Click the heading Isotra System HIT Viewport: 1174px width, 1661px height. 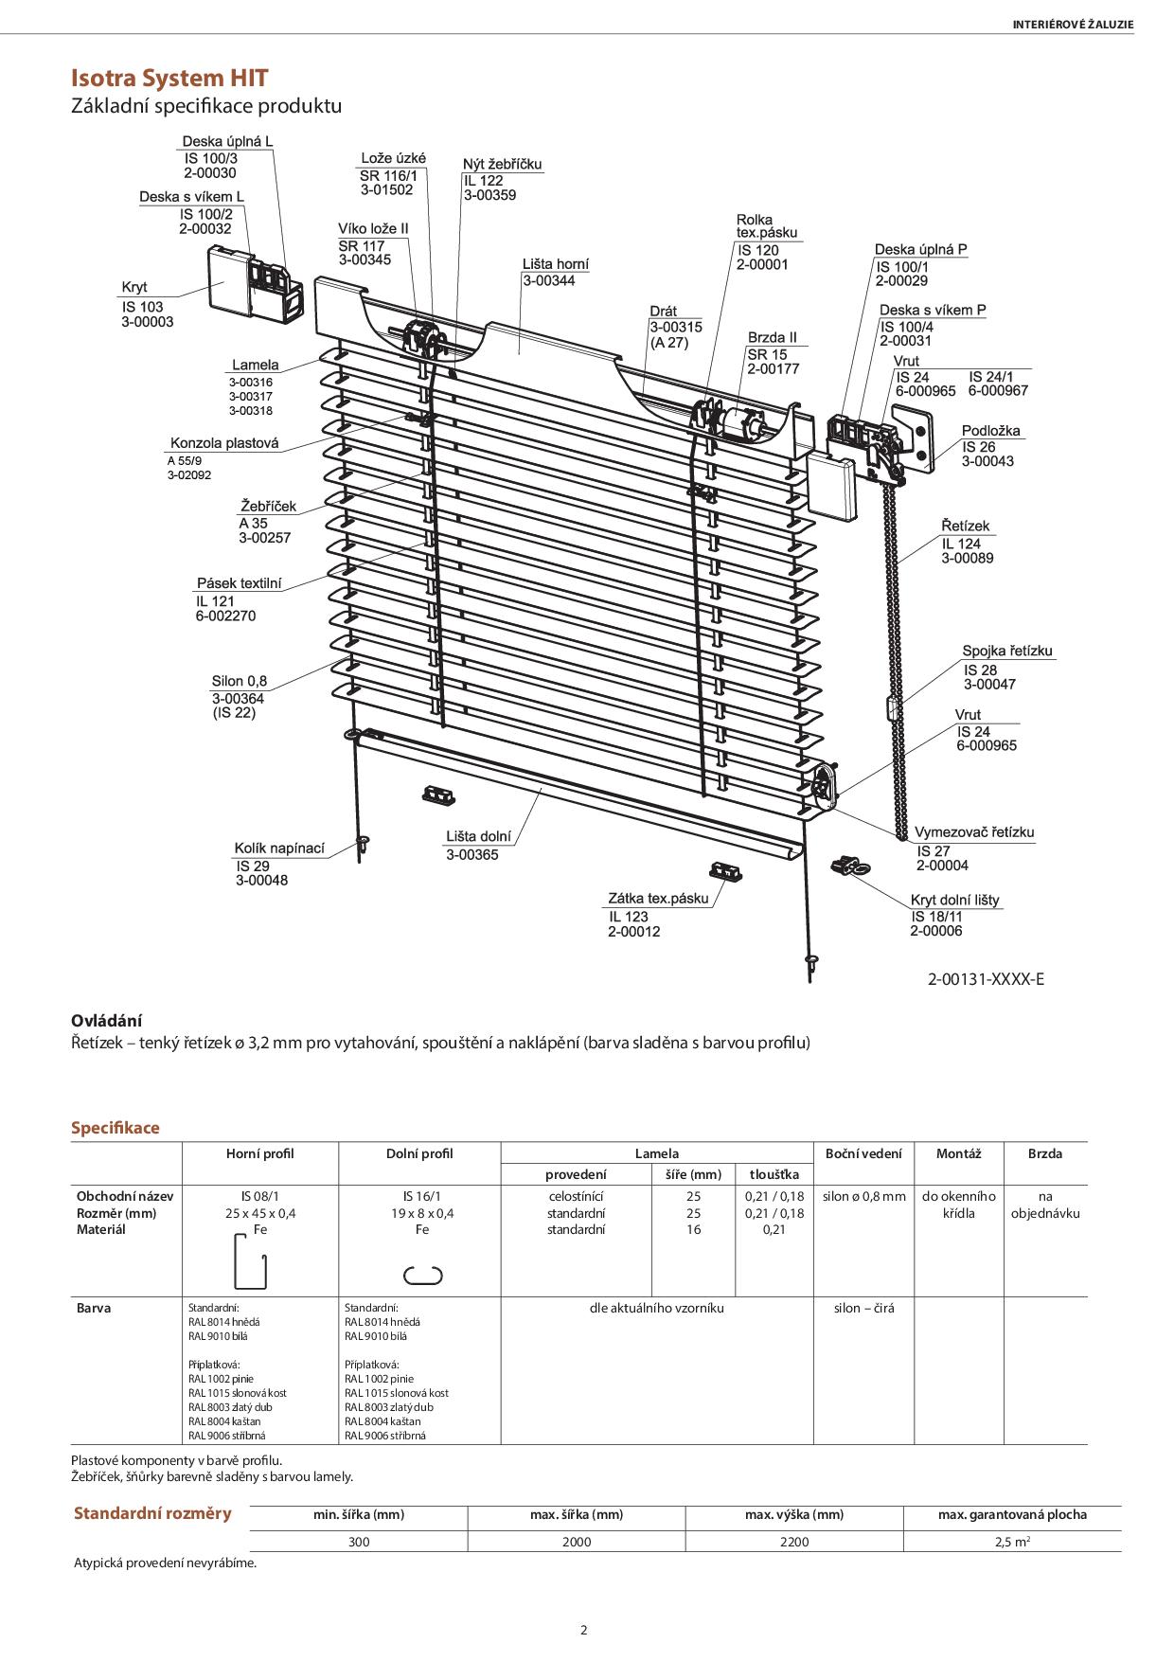click(169, 78)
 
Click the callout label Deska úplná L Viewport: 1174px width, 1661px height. click(227, 141)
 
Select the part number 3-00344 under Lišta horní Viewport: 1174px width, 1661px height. click(548, 280)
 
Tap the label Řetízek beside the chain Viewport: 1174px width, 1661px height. click(965, 526)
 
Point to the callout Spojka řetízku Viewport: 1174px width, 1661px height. click(1007, 651)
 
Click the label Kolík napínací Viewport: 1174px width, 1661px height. click(279, 848)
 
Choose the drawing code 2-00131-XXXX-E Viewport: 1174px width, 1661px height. click(986, 979)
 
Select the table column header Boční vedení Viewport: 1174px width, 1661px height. click(863, 1153)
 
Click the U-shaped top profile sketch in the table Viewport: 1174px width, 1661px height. click(250, 1261)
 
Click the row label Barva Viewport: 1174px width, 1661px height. click(94, 1308)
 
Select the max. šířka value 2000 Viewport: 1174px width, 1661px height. click(576, 1542)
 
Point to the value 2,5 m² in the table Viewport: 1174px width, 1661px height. click(1012, 1542)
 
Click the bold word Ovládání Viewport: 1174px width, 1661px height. click(106, 1020)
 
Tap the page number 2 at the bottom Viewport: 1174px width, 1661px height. click(584, 1630)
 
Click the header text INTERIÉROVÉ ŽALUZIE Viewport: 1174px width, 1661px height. click(1072, 25)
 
